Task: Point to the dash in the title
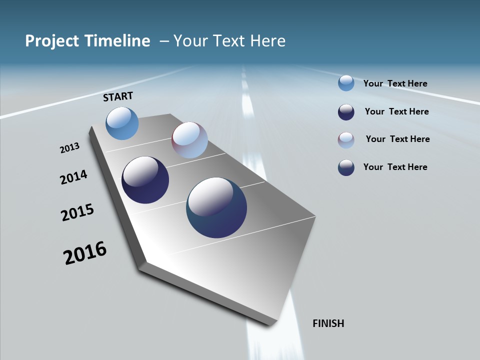point(164,41)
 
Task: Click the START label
point(118,96)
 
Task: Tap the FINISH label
point(328,323)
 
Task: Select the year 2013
point(69,148)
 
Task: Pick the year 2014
point(73,177)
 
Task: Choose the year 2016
point(85,252)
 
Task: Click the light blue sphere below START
point(122,123)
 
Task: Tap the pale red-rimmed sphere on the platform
point(189,140)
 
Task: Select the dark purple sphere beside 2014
point(145,180)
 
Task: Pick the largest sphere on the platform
point(216,207)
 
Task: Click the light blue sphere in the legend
point(346,83)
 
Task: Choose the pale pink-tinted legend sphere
point(346,139)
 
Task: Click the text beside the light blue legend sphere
point(395,83)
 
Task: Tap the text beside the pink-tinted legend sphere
point(397,139)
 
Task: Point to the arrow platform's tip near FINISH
point(270,323)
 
